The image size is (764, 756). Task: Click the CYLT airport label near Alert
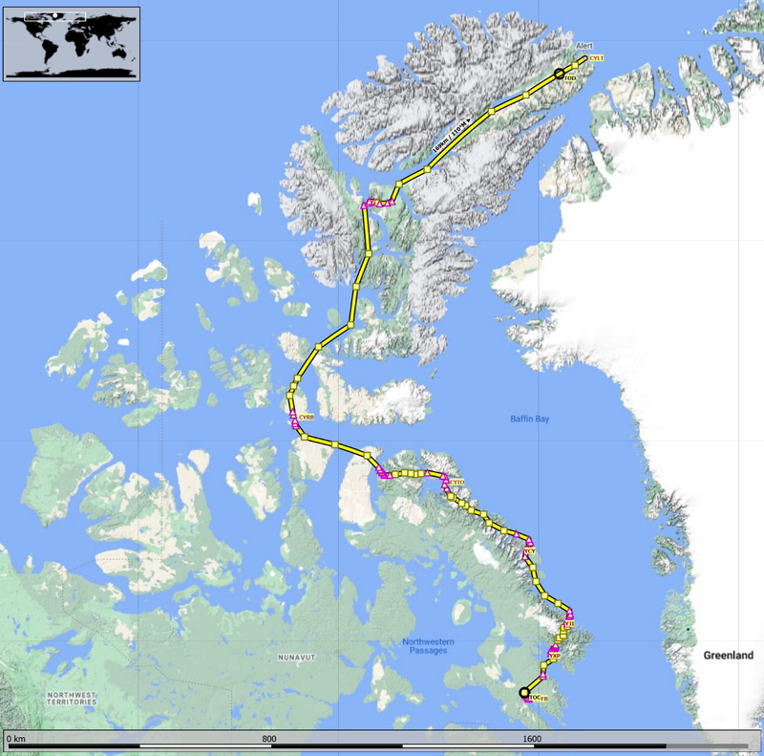tap(597, 59)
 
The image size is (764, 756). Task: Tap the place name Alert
tap(584, 45)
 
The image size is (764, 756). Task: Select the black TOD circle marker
tap(560, 74)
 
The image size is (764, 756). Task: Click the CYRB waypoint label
tap(307, 418)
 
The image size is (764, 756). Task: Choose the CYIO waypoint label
tap(457, 484)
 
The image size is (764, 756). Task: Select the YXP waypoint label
tap(554, 657)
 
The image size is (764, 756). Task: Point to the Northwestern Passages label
tap(427, 645)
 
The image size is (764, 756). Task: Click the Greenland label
tap(728, 656)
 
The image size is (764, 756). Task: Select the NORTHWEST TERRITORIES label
tap(72, 698)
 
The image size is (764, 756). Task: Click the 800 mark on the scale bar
tap(269, 739)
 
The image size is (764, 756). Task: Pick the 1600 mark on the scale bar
tap(532, 739)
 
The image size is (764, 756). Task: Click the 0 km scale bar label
tap(15, 739)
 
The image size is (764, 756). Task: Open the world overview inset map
tap(72, 43)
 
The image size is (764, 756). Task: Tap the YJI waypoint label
tap(570, 624)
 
